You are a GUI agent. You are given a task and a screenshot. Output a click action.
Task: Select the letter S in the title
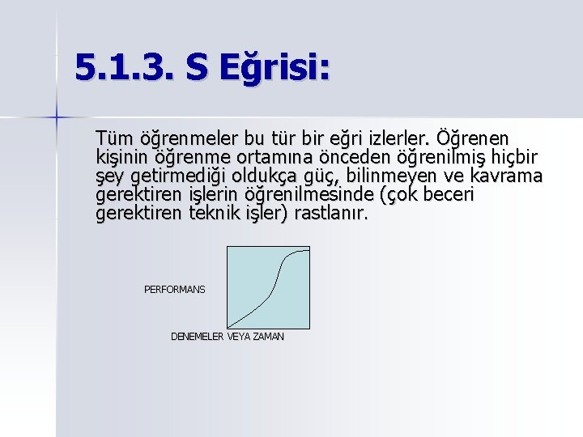click(x=195, y=68)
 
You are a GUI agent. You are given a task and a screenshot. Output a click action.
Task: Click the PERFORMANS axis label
click(x=174, y=289)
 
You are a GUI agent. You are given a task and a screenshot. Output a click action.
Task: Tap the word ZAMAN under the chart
click(x=268, y=337)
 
